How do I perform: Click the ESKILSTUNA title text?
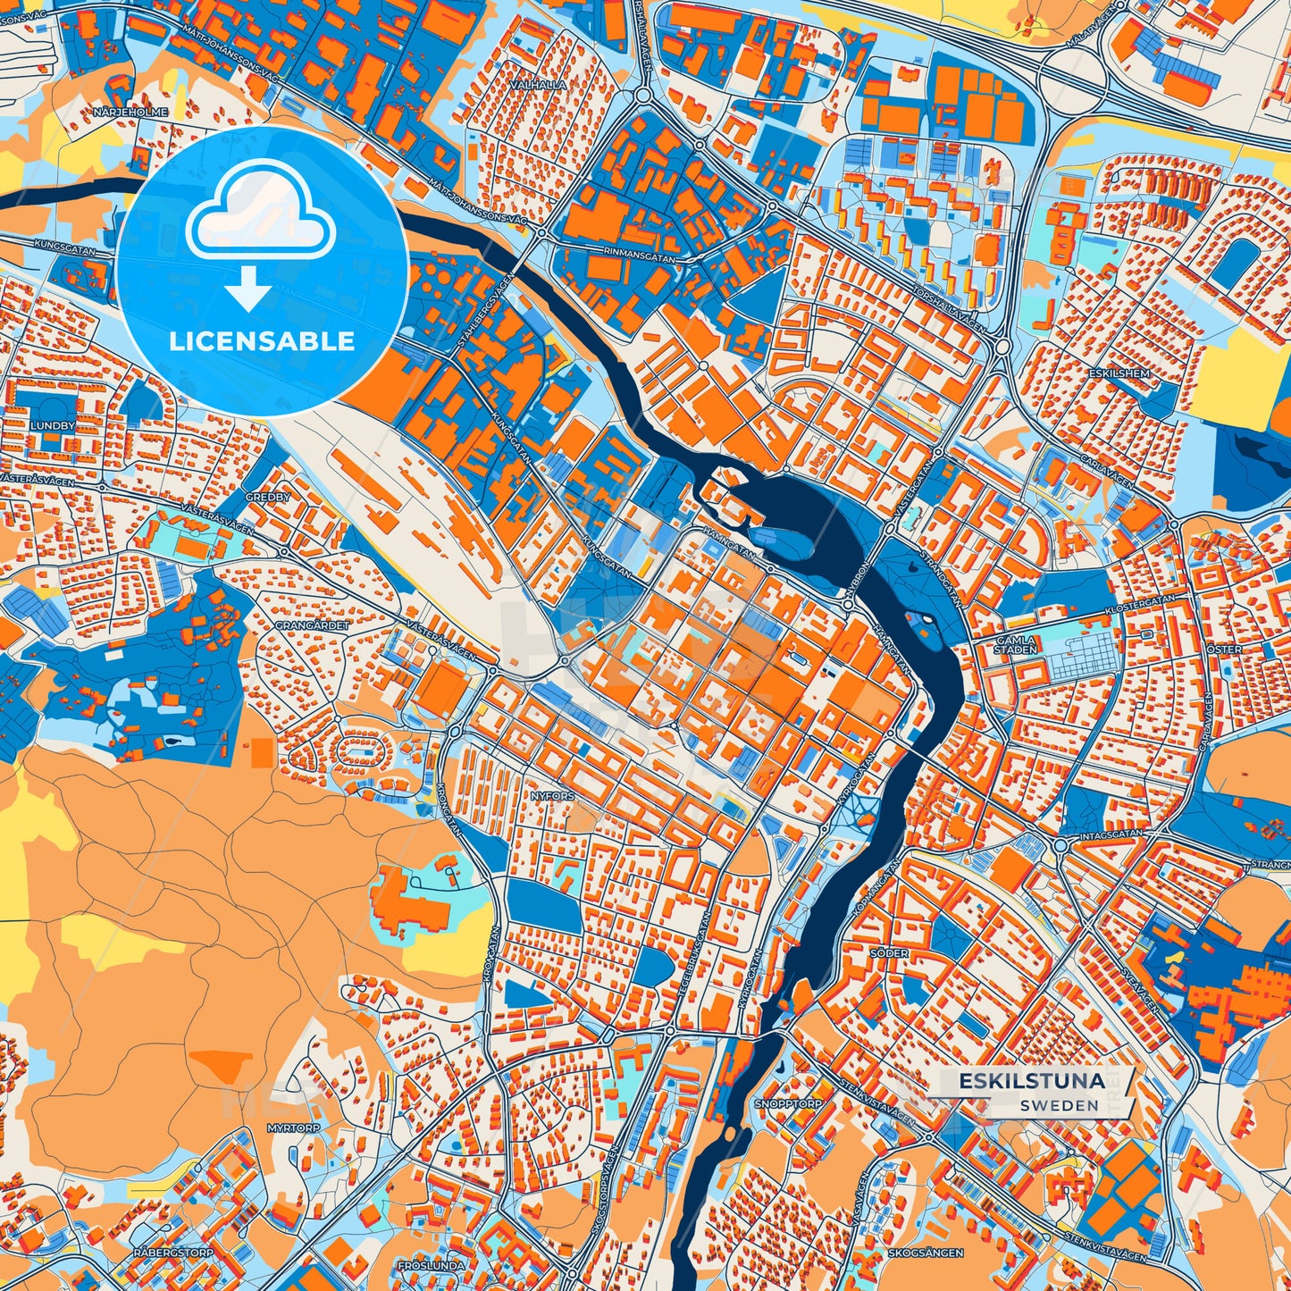point(1031,1081)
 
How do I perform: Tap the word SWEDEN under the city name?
point(1060,1105)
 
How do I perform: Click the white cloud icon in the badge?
point(260,214)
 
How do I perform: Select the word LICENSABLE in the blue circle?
point(262,341)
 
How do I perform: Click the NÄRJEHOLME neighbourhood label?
point(130,113)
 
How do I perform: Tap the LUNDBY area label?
point(53,426)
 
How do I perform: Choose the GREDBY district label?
point(268,497)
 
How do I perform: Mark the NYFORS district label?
point(552,795)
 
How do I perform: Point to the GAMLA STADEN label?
point(1016,645)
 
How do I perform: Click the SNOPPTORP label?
point(787,1104)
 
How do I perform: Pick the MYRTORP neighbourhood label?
point(293,1128)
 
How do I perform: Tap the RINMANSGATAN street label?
point(641,254)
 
